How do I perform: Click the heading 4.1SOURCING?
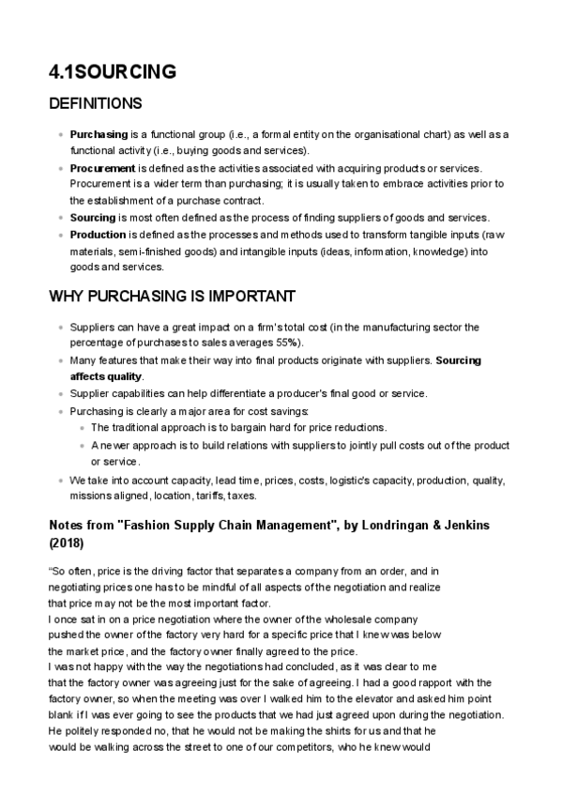click(112, 71)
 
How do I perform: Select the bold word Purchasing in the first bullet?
click(99, 135)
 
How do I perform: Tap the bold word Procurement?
click(102, 168)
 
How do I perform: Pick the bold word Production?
click(98, 234)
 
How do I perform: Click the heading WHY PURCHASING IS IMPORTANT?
click(172, 297)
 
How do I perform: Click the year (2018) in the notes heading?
click(66, 543)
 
